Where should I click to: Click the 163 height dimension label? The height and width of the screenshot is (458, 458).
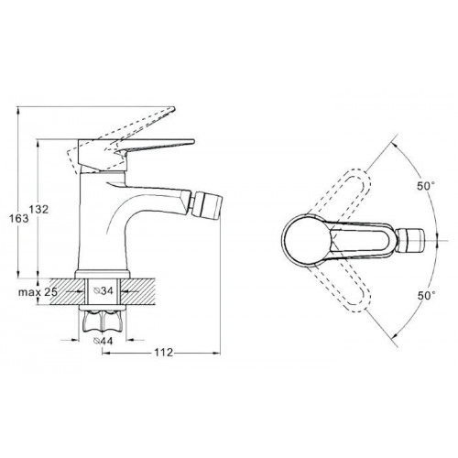[18, 218]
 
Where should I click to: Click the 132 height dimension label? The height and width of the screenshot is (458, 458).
[38, 210]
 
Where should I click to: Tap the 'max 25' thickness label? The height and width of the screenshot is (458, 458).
[38, 292]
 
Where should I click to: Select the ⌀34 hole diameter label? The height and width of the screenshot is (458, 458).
[104, 291]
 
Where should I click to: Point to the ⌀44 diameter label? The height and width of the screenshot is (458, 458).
[104, 341]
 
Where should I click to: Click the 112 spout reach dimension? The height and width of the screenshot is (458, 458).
[163, 353]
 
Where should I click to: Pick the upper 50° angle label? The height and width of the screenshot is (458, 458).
[426, 186]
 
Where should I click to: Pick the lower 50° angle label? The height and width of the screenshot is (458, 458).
[426, 295]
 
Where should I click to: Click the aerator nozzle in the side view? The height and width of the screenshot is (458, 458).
[209, 204]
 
